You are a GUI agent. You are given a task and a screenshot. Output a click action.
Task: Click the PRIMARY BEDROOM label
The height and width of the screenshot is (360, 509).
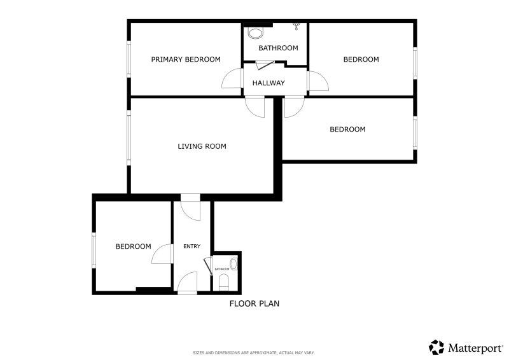click(186, 59)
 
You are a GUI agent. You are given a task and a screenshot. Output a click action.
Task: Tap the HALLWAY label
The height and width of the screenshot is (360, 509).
click(268, 83)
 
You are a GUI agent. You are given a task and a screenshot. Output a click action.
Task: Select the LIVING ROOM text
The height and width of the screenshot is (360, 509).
click(202, 146)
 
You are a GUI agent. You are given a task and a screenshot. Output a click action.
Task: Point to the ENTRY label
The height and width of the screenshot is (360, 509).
click(192, 246)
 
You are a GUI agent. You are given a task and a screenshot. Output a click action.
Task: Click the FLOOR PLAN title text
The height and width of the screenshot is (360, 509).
click(254, 303)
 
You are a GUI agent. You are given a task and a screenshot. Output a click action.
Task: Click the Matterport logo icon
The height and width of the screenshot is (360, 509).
click(436, 347)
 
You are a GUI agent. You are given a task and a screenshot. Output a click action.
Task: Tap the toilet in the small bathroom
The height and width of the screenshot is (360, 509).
click(224, 282)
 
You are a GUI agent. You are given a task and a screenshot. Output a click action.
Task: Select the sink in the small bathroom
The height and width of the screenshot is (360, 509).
click(234, 264)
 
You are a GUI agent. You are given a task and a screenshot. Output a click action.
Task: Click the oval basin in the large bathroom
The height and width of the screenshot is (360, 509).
click(255, 33)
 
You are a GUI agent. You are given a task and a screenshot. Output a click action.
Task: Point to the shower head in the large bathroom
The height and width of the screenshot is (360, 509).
click(296, 26)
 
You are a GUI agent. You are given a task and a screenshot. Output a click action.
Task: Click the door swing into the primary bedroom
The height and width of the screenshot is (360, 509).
click(232, 78)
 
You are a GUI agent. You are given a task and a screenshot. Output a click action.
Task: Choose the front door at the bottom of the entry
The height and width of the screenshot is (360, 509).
click(187, 282)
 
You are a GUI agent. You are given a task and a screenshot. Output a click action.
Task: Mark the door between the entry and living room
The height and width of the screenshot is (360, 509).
click(190, 211)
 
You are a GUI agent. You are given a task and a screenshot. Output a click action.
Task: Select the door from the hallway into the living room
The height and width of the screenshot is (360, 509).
click(255, 107)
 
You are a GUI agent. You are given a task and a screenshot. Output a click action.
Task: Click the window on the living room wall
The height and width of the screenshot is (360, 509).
click(129, 138)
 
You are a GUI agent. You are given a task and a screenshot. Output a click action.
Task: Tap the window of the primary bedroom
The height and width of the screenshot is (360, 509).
click(129, 59)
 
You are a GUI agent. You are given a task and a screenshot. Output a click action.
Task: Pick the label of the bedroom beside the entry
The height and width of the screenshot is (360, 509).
click(134, 246)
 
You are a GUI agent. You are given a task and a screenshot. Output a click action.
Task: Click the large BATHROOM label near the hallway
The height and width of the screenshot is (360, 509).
click(278, 48)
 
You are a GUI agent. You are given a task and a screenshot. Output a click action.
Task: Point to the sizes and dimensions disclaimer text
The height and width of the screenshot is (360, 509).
click(253, 352)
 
